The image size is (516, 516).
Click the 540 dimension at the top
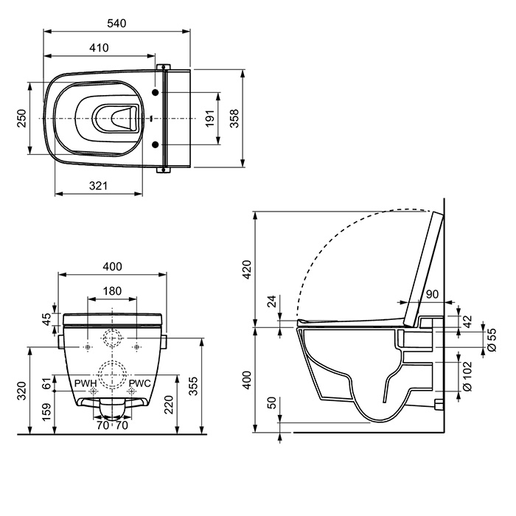116,24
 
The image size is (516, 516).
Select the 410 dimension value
99,48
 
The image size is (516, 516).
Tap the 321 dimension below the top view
98,186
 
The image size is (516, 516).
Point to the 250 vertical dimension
21,119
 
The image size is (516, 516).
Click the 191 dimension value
210,119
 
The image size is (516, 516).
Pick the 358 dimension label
234,119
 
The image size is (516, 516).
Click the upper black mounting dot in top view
156,92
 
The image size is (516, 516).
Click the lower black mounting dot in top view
156,144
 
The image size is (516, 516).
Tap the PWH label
86,383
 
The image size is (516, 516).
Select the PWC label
139,383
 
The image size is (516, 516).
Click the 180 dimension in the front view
112,291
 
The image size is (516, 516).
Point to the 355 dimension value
193,386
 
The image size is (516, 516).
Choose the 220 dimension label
169,405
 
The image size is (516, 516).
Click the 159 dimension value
46,411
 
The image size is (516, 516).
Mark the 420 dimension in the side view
247,270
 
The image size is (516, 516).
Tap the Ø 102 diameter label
467,377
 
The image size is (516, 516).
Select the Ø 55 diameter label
492,340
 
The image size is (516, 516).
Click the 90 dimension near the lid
432,294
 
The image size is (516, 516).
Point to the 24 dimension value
272,301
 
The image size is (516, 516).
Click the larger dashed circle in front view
112,374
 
